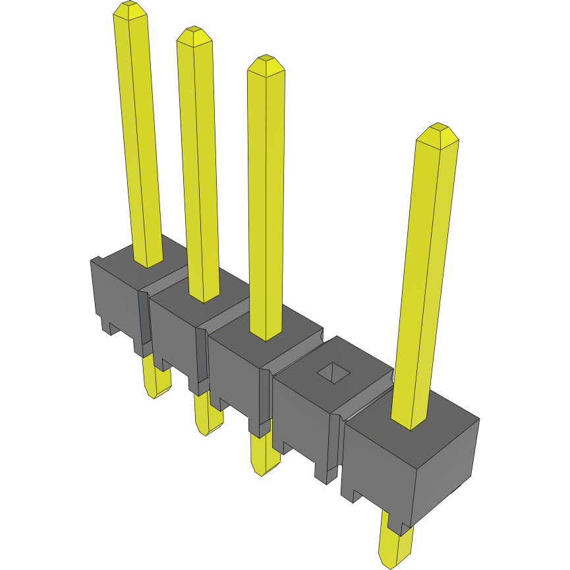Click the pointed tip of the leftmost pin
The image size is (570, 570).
coord(130,9)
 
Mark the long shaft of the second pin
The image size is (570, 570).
coord(199,171)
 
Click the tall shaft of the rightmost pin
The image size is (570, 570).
coord(425,277)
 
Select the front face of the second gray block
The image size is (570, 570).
coord(173,336)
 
